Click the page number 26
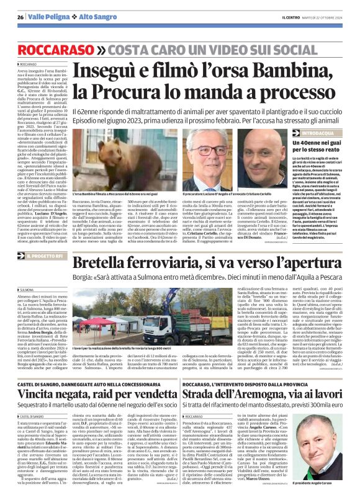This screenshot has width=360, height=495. coord(20,17)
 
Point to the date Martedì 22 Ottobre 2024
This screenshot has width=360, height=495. coord(325,17)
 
